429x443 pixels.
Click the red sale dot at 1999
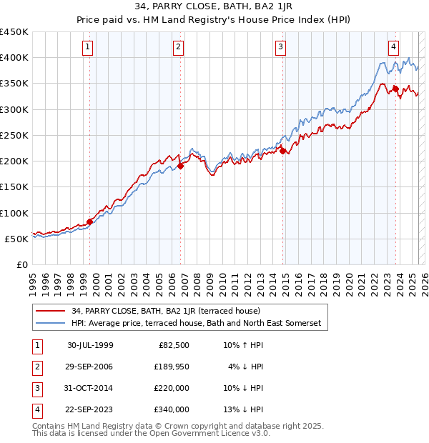pos(90,221)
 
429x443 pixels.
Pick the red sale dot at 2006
pos(181,166)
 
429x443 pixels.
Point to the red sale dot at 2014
pos(283,151)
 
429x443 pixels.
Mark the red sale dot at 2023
pos(395,89)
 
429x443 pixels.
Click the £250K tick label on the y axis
pos(14,135)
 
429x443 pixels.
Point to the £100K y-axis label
pos(14,213)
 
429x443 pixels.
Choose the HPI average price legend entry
pos(197,324)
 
